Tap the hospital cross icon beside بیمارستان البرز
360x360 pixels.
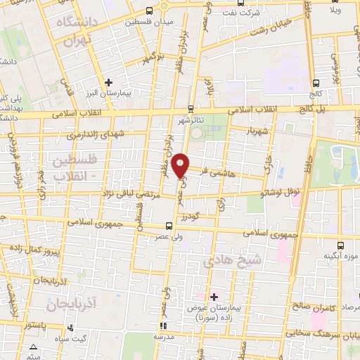(108, 82)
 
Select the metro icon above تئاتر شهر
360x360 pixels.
(191, 109)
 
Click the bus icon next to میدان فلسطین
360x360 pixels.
(149, 10)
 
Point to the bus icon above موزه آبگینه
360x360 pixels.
(341, 245)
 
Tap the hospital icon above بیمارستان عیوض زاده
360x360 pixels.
(214, 297)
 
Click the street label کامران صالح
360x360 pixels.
(312, 288)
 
